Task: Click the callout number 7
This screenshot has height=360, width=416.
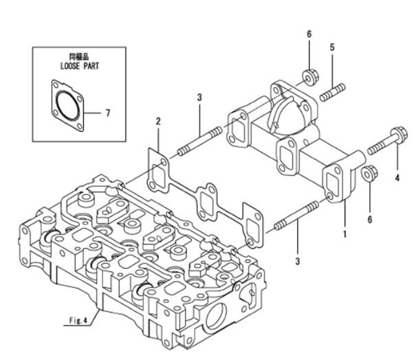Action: (x=108, y=113)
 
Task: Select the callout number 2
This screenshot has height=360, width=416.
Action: (x=158, y=121)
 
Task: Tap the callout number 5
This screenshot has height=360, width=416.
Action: (x=332, y=48)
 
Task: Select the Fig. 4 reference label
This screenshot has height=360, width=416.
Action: (x=79, y=322)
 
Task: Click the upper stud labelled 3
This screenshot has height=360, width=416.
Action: (x=199, y=141)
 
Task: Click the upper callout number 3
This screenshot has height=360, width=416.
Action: (x=199, y=97)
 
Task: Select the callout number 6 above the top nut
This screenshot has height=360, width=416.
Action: (x=309, y=34)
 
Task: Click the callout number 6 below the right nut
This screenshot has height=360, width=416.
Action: (x=370, y=219)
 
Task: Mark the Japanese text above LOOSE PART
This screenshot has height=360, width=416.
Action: (x=79, y=57)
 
